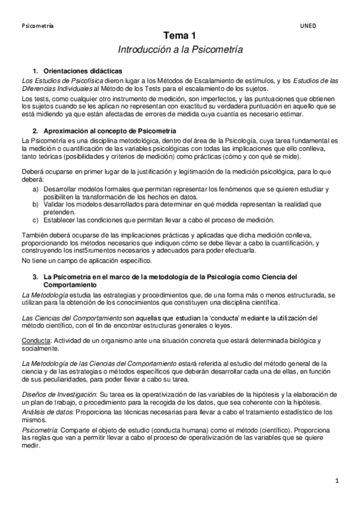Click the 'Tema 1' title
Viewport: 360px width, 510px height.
point(180,37)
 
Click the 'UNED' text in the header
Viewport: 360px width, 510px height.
point(308,26)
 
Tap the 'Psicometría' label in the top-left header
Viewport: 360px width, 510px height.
point(37,26)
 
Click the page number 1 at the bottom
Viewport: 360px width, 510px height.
point(337,481)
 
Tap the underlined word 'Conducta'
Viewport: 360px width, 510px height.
point(35,340)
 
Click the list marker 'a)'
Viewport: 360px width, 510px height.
point(37,189)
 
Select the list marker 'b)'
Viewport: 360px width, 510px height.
point(37,204)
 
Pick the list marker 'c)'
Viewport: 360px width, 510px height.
point(37,220)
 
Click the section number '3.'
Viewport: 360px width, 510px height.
point(35,276)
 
